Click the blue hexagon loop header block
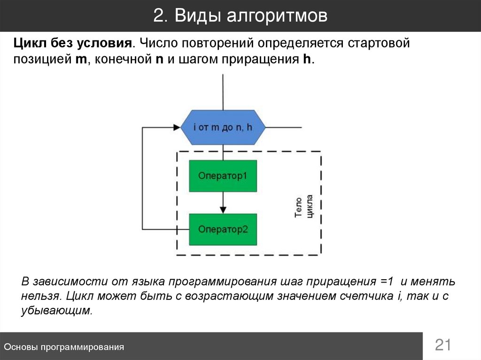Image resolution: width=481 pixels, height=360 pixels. [x=223, y=127]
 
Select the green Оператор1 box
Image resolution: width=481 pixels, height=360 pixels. [x=223, y=176]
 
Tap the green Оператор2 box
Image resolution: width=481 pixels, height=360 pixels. [x=223, y=230]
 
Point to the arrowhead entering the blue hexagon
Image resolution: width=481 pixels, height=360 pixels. [x=177, y=127]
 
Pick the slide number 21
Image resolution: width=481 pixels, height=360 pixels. [x=442, y=345]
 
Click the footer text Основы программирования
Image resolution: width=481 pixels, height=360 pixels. [x=64, y=347]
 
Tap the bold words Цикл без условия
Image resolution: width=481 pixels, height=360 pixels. [x=71, y=44]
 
